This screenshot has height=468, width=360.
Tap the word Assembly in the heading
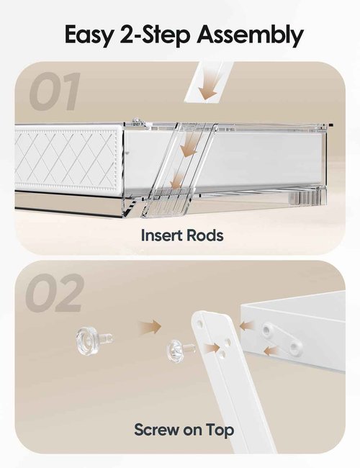tap(250, 35)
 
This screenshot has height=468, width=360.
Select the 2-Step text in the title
tap(155, 35)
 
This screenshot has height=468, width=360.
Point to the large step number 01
tap(55, 91)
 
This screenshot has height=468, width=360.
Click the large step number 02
tap(54, 293)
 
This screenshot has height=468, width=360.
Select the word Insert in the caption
tap(161, 235)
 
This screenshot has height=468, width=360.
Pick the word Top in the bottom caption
tap(220, 430)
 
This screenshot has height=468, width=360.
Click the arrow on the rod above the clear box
tap(208, 86)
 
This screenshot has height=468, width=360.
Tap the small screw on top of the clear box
tap(137, 120)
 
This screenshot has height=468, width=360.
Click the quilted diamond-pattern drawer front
tap(67, 159)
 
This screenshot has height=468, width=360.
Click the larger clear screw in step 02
tap(93, 341)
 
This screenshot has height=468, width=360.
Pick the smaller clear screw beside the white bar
tap(180, 349)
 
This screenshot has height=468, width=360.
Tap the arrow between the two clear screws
tap(150, 327)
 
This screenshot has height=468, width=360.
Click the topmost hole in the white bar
tap(200, 323)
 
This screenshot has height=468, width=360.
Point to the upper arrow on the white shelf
tap(246, 325)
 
